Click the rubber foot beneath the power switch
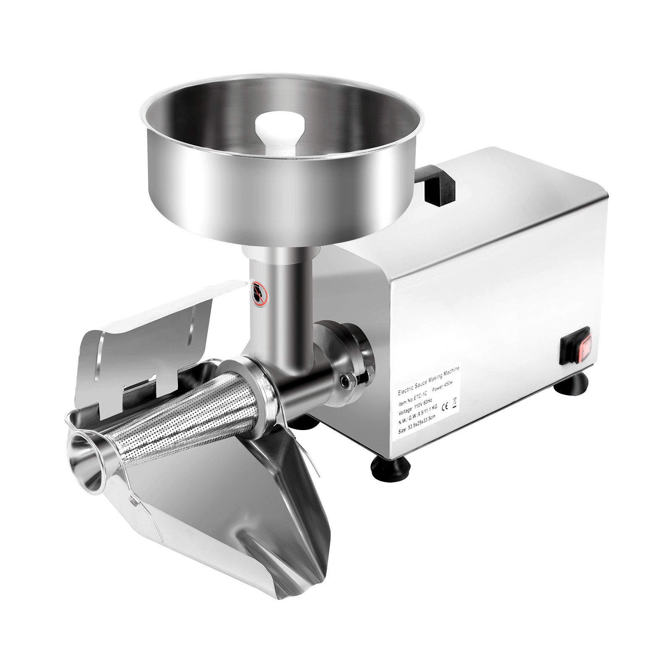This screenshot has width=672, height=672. pyautogui.click(x=576, y=383)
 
